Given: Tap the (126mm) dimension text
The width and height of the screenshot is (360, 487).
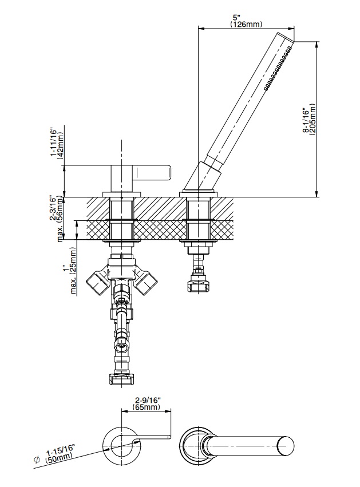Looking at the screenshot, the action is [246, 24].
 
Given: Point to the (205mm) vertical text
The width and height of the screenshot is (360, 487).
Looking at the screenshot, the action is [312, 120].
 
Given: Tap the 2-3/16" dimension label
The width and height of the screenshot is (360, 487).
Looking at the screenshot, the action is [53, 208].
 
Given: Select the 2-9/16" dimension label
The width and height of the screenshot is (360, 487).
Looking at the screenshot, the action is [147, 400].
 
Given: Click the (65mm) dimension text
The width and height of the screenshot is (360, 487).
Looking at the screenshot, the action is [147, 406].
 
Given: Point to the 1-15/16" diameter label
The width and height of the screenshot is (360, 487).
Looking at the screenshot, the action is [60, 449].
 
